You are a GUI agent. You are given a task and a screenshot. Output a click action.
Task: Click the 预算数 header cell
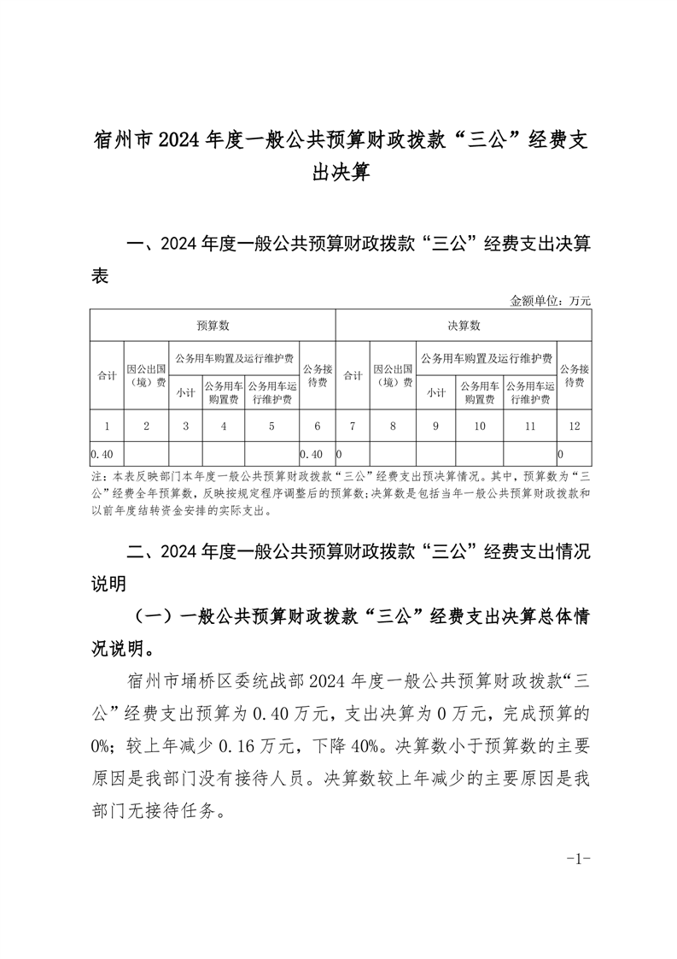coord(212,326)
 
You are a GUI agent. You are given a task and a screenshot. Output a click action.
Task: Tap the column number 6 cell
coord(317,426)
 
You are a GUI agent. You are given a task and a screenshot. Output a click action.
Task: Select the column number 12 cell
coord(572,426)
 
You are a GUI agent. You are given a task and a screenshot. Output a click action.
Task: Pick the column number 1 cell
coord(107,426)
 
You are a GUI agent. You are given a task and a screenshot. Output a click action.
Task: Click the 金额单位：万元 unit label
coord(550,300)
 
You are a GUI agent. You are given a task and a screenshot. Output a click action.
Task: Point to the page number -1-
coord(578,858)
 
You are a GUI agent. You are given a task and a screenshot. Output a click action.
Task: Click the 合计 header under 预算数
coord(107,375)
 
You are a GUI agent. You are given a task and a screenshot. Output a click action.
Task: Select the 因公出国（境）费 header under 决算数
coord(394,375)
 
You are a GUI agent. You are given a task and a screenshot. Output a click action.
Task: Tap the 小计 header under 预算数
coord(185,393)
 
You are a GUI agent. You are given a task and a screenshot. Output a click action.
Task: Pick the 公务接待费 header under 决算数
coord(572,375)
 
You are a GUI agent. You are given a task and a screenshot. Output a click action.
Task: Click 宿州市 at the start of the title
coord(119,141)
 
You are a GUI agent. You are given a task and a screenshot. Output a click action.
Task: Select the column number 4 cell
coord(223,426)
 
